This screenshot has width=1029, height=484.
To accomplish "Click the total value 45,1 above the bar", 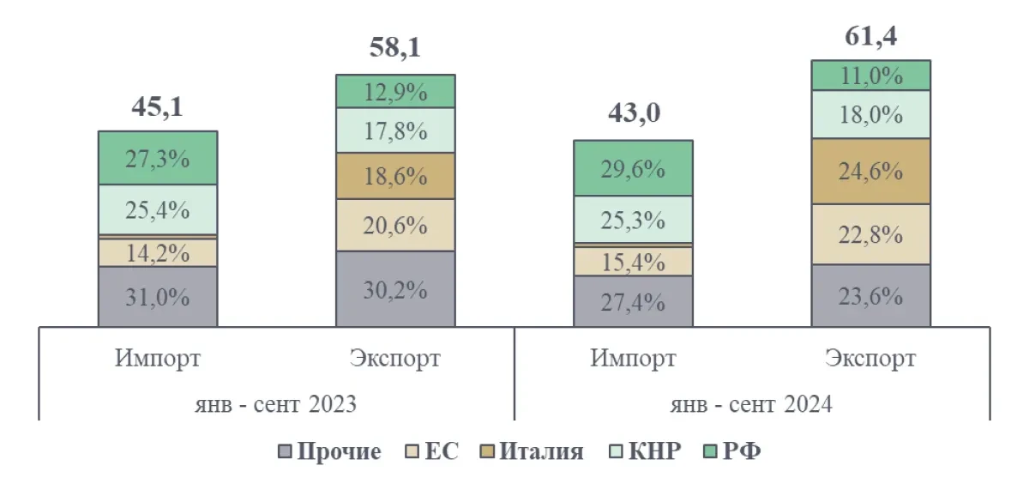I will [x=157, y=107].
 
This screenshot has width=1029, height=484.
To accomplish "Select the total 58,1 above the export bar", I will [x=394, y=48].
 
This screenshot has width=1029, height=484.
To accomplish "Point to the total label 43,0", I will [x=633, y=114].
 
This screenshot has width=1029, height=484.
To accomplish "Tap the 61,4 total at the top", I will [x=870, y=36].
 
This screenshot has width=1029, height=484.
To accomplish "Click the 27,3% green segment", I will [x=157, y=159].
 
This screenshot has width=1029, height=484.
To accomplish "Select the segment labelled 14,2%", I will [x=157, y=253].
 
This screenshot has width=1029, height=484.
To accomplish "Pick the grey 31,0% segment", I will [x=157, y=297].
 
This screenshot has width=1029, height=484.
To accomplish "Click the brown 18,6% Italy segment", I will [x=394, y=176].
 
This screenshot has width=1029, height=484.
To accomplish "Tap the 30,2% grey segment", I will [x=394, y=289].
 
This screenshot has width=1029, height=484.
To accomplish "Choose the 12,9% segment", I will [x=394, y=91].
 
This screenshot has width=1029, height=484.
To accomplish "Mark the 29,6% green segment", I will [x=633, y=168].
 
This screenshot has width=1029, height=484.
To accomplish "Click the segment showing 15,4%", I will [x=633, y=262].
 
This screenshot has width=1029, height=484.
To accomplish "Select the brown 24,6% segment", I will [x=870, y=172].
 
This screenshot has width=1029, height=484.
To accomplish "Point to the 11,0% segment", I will [x=870, y=76].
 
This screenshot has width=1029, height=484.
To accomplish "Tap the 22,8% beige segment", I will [x=870, y=234].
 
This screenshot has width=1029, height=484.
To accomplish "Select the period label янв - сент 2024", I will [x=752, y=402].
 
